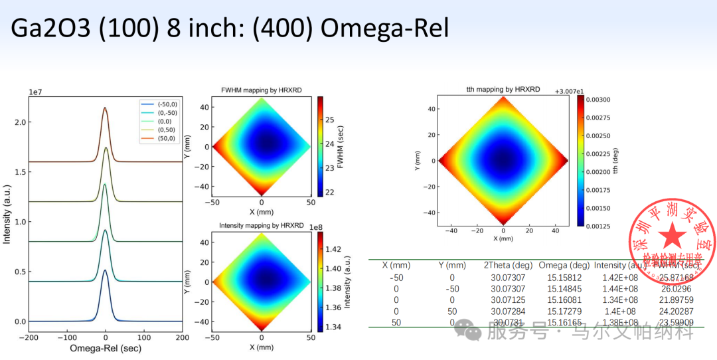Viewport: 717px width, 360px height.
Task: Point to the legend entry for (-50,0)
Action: pos(167,104)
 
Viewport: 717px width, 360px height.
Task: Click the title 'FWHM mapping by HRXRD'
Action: pos(262,90)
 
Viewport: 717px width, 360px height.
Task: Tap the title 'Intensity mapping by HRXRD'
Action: pos(262,226)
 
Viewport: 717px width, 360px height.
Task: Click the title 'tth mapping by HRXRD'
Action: pos(503,89)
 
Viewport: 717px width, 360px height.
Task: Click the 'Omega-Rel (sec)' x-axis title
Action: pos(105,349)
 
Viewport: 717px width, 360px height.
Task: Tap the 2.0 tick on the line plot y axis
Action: pos(21,122)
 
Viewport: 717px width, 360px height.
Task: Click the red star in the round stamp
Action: pos(673,236)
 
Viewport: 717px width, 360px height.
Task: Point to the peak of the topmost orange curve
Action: pos(105,108)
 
